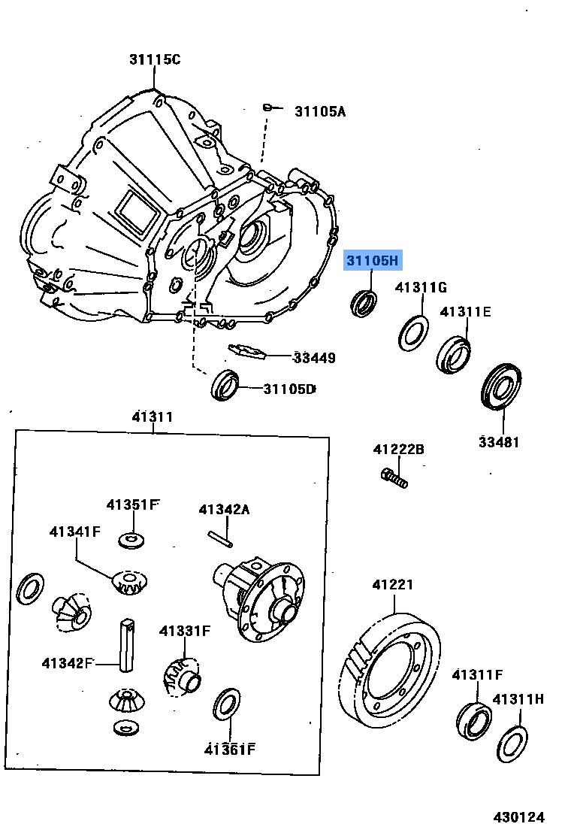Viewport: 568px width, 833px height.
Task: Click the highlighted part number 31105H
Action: tap(373, 261)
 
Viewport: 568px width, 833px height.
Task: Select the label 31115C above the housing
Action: tap(153, 60)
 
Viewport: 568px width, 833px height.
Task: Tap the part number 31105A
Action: tap(319, 111)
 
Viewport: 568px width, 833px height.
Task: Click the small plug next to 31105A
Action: tap(267, 108)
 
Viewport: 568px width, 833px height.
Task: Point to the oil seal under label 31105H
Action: tap(364, 302)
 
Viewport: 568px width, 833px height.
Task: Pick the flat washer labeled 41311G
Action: tap(412, 332)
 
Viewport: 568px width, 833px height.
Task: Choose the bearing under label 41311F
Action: tap(474, 720)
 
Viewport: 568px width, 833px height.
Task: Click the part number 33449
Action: tap(314, 358)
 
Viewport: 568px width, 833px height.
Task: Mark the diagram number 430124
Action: tap(518, 816)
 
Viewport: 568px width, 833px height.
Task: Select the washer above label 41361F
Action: tap(228, 704)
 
